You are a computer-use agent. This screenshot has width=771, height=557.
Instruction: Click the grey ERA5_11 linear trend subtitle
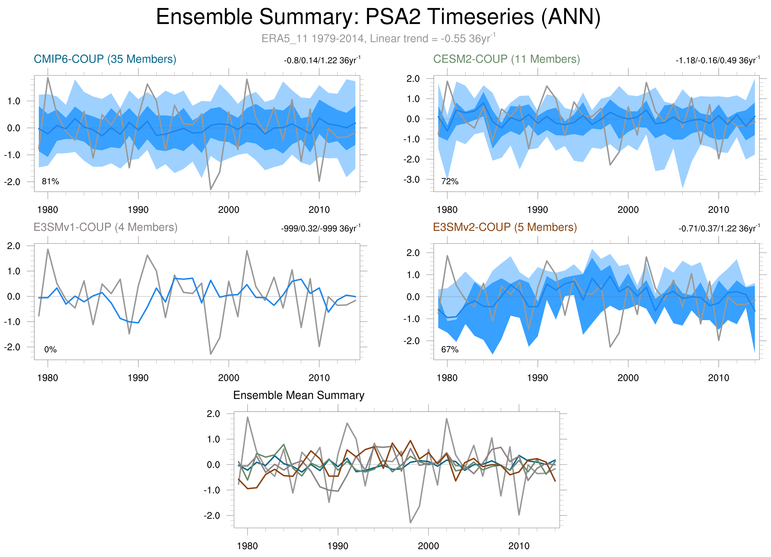378,38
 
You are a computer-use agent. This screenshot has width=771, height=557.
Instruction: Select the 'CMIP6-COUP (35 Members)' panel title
105,59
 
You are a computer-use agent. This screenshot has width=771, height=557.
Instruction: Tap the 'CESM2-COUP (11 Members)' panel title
506,59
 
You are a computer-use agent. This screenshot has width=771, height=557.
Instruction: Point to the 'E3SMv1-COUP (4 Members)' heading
105,227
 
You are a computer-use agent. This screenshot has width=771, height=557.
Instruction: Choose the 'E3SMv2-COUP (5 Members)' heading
505,227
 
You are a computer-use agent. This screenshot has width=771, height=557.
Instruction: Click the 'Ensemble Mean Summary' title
299,395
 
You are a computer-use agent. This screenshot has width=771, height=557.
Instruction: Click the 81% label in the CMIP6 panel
50,182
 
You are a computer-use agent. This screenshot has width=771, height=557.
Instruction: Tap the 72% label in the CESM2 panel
450,182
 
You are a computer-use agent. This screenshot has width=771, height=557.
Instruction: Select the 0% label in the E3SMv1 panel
50,349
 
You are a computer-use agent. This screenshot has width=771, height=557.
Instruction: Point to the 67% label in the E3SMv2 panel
450,349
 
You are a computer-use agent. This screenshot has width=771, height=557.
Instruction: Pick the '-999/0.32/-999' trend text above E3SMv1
320,228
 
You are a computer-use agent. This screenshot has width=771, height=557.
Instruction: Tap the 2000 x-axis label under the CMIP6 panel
228,210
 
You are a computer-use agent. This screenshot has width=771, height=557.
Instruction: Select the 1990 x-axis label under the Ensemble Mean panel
338,546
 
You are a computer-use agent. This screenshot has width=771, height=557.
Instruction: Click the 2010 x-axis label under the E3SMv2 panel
718,378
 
